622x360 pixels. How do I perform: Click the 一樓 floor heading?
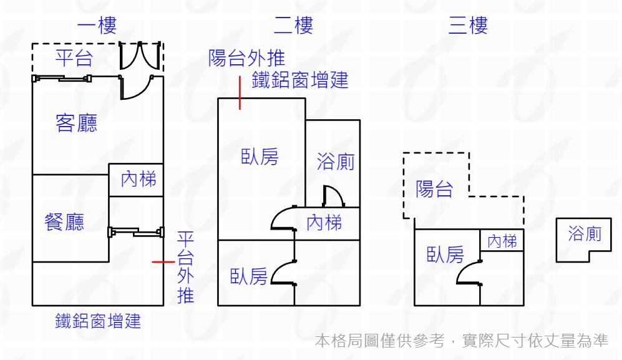(97, 26)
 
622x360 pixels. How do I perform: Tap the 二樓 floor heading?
(293, 26)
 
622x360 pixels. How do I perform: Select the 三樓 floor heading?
(468, 26)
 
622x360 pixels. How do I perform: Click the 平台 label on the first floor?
(74, 59)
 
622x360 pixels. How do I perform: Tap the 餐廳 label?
(64, 222)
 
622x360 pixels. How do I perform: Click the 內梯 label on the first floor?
(138, 180)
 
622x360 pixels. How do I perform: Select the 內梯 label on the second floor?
(324, 222)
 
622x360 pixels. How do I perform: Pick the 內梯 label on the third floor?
(502, 241)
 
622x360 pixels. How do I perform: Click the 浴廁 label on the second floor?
(335, 162)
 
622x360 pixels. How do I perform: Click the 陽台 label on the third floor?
(434, 189)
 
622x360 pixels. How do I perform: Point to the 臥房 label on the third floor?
(445, 255)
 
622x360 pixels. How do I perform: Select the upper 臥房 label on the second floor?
(260, 157)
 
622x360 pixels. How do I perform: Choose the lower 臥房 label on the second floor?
(248, 276)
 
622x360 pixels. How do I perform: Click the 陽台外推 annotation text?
(247, 59)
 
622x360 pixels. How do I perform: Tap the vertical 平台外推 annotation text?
(185, 267)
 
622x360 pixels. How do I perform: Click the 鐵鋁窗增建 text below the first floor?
(98, 321)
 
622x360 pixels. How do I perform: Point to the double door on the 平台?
(141, 56)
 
